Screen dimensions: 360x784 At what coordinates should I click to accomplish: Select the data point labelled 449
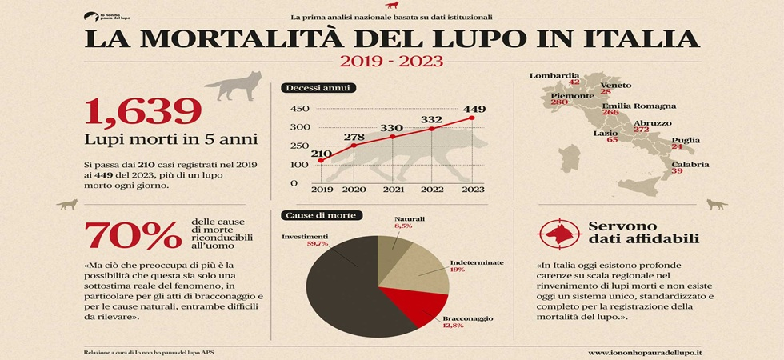[472, 118]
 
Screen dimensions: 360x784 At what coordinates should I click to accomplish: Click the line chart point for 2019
[322, 161]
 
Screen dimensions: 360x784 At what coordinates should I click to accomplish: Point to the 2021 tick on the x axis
[392, 190]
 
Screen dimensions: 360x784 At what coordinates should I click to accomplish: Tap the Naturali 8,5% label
[409, 222]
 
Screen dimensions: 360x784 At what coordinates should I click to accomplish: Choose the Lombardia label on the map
[554, 75]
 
